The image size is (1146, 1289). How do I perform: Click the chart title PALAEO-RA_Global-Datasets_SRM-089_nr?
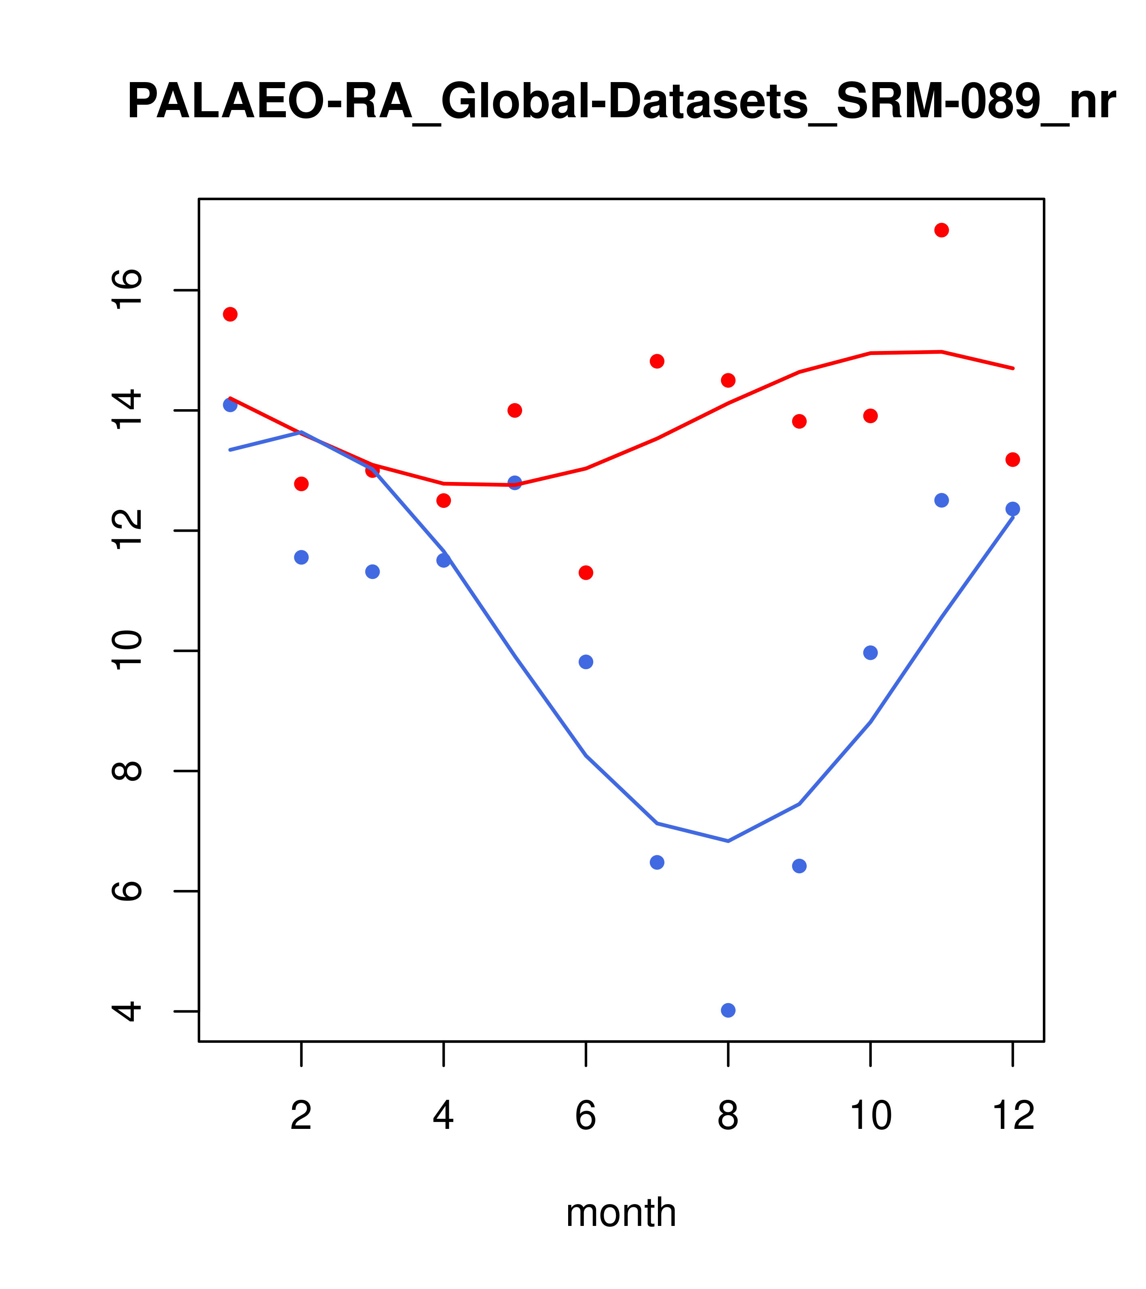tap(621, 102)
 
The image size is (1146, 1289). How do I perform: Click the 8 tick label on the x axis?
tap(728, 1116)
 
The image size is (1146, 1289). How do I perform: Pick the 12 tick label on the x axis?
tap(1013, 1116)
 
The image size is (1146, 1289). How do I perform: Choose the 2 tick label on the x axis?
tap(302, 1116)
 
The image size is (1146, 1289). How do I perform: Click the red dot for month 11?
tap(942, 230)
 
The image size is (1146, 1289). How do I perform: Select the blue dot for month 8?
tap(728, 1010)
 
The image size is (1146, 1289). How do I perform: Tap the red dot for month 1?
tap(230, 314)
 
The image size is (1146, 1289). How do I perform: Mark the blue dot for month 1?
tap(230, 405)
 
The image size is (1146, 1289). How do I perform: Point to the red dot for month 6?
tap(586, 573)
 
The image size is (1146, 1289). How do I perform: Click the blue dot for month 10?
tap(870, 653)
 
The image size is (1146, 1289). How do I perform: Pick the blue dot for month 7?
tap(657, 862)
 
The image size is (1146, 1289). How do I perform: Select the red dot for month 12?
tap(1013, 460)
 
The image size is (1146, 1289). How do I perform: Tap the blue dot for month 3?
tap(373, 571)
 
